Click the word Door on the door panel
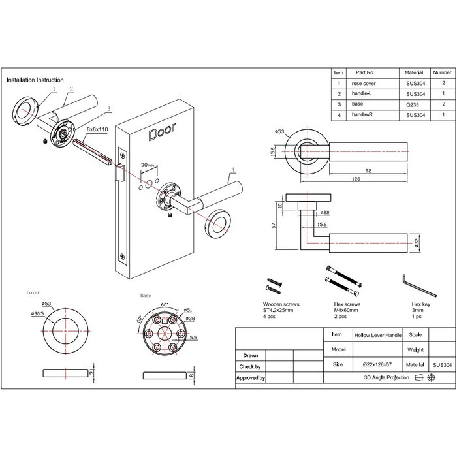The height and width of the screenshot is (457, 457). [x=162, y=132]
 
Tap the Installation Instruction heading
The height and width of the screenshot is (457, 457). [x=35, y=80]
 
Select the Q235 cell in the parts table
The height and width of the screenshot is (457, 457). [x=413, y=105]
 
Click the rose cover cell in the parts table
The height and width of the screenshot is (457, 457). [x=364, y=84]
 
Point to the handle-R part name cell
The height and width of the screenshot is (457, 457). [x=362, y=114]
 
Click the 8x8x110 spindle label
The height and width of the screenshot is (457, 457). [x=97, y=129]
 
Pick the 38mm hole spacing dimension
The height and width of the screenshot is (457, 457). [x=148, y=165]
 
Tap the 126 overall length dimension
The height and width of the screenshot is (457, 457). [x=356, y=179]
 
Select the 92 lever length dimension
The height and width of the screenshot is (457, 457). [x=368, y=171]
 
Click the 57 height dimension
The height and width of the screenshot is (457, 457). [x=274, y=225]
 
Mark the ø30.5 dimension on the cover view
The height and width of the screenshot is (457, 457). [x=37, y=313]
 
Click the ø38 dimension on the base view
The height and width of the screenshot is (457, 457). [x=190, y=319]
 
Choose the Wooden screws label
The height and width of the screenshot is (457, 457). [x=281, y=304]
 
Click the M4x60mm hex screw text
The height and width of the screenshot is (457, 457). [x=346, y=310]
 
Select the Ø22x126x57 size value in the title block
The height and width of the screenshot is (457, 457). [x=377, y=364]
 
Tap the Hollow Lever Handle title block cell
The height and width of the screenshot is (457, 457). [x=378, y=335]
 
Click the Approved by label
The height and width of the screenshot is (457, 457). [x=251, y=378]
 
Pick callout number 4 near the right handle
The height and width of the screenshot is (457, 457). [x=233, y=169]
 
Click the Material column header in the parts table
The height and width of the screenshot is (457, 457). [x=413, y=72]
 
